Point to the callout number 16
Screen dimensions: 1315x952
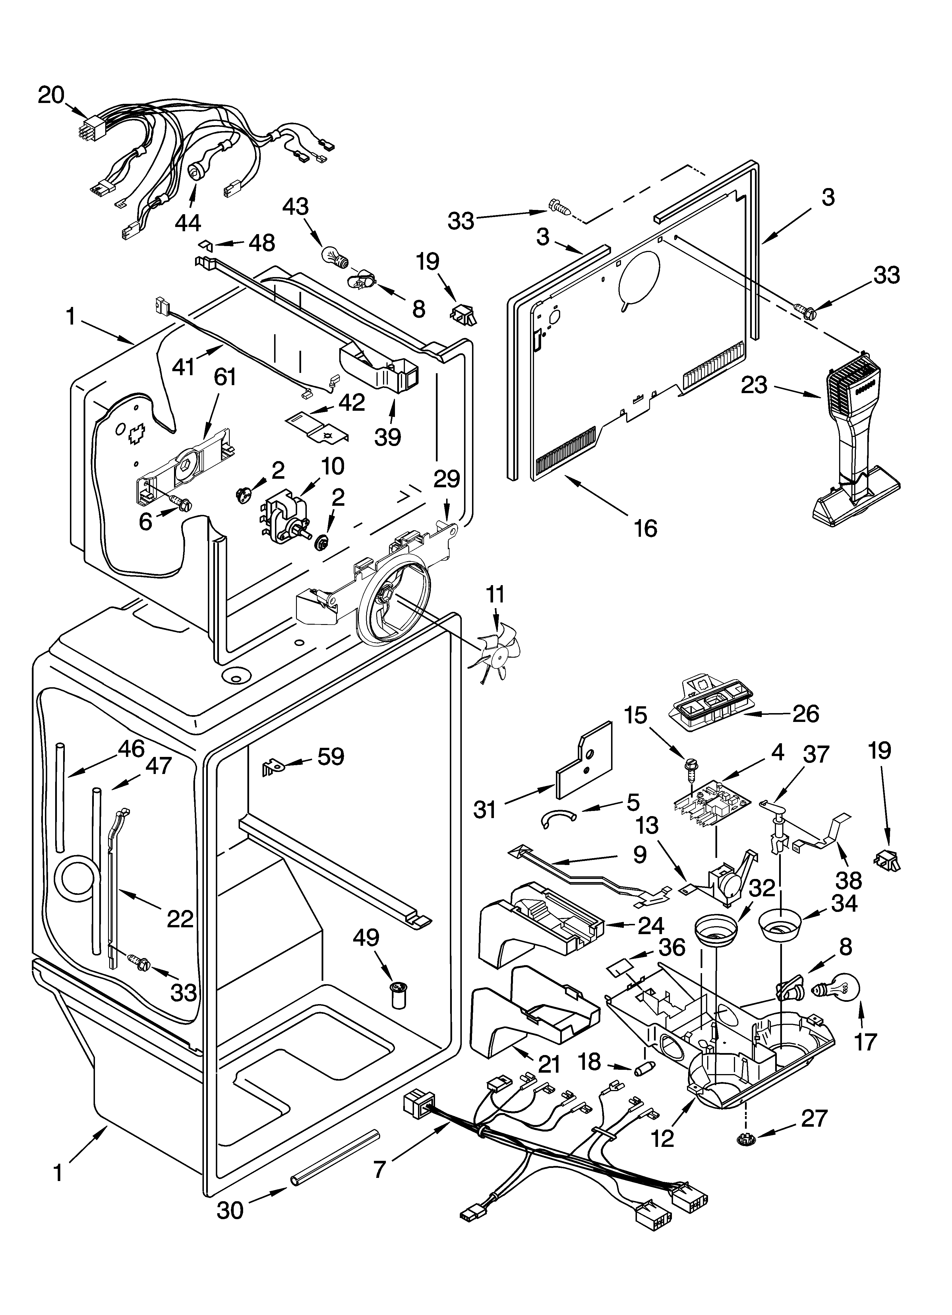tap(645, 528)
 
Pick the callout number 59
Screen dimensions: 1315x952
tap(330, 756)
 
